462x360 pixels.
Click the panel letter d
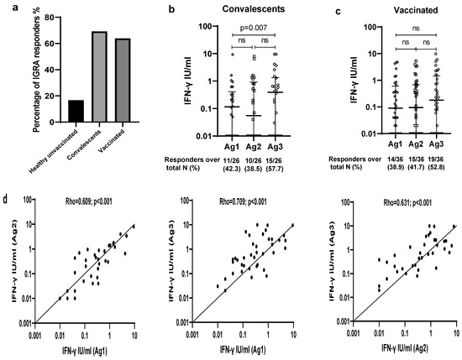(x=7, y=201)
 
